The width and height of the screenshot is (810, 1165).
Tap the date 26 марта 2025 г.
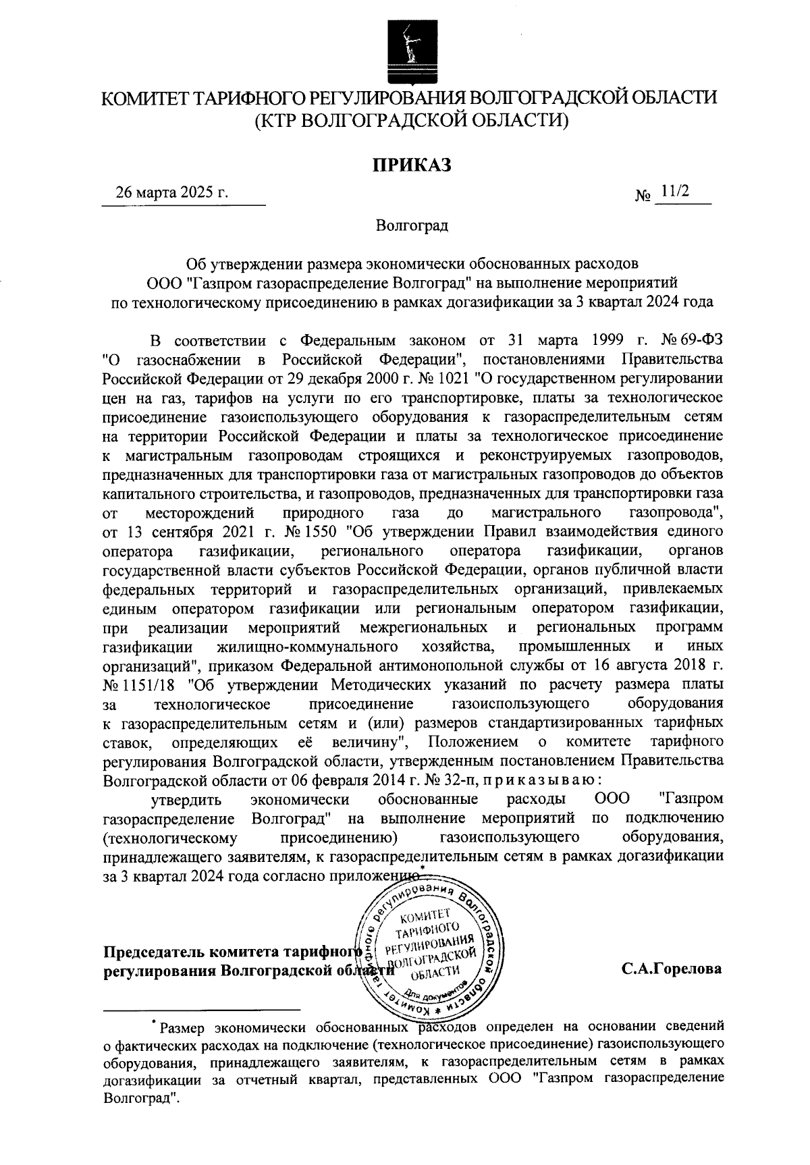[x=172, y=192]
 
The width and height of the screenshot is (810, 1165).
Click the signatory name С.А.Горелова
[x=672, y=969]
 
